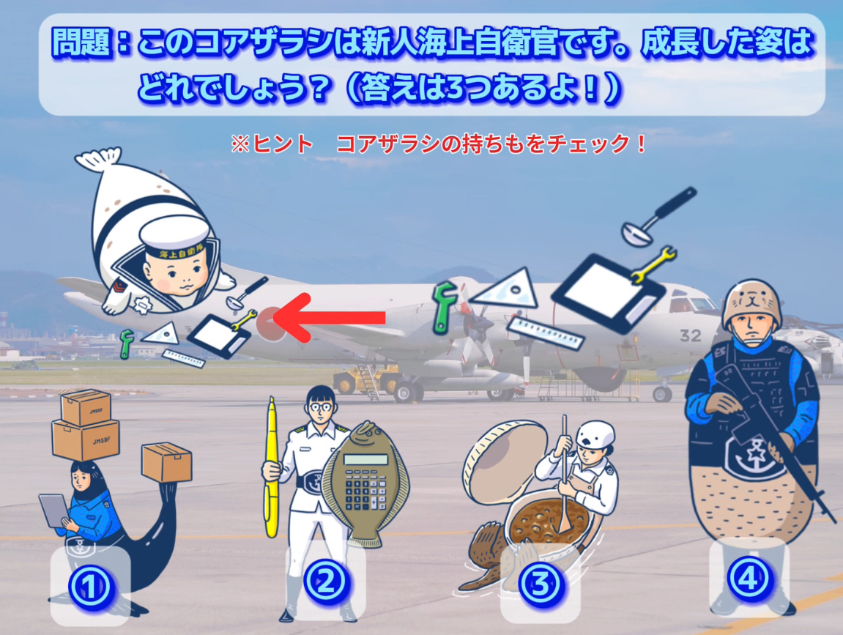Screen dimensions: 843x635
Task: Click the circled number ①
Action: [90, 587]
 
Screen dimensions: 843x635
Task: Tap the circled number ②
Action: [326, 582]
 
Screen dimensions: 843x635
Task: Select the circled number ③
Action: [540, 584]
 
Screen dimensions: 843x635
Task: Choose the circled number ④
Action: [749, 579]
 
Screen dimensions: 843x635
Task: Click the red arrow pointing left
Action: [329, 318]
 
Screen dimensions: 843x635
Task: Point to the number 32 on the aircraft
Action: [691, 336]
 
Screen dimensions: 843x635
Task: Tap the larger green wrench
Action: [446, 307]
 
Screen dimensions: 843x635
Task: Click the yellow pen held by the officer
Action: [271, 468]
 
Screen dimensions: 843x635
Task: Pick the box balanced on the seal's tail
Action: [167, 462]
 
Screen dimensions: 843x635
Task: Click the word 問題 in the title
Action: [82, 42]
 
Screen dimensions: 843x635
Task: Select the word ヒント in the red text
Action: [283, 144]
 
